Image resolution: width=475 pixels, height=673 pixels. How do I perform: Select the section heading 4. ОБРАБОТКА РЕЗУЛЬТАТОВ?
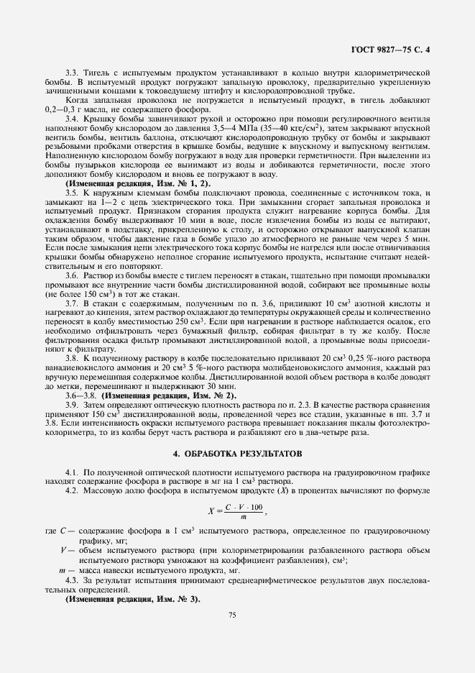click(237, 454)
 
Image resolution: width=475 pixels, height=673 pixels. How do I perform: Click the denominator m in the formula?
click(244, 519)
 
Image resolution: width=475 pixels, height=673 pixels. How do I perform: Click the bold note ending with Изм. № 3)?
click(133, 599)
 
